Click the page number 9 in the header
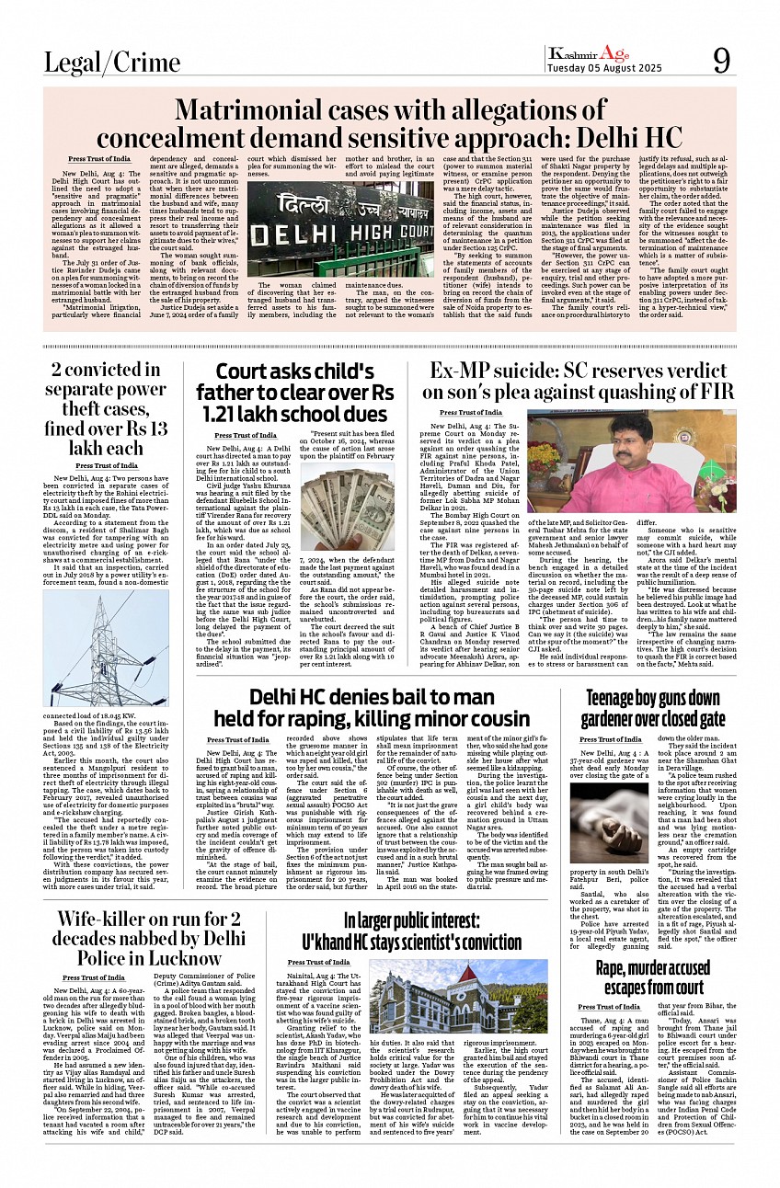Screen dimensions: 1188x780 (x=721, y=61)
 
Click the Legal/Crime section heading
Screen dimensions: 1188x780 (x=112, y=63)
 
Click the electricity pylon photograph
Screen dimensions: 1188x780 (x=93, y=647)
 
